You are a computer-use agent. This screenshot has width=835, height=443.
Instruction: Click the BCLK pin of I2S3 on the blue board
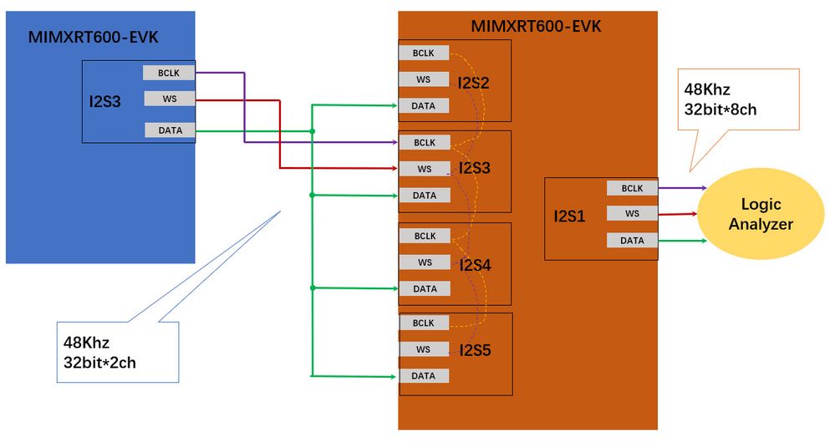tap(169, 73)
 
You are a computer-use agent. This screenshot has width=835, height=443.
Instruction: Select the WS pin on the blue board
tap(169, 99)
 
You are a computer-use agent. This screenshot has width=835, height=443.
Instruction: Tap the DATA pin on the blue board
tap(169, 130)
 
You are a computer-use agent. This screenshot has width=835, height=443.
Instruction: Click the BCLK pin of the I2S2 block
tap(424, 53)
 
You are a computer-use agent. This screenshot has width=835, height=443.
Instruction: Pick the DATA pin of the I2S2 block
tap(424, 105)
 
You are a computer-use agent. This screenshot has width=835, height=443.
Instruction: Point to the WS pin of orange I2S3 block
tap(424, 169)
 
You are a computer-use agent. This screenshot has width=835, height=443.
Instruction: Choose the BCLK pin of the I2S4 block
tap(424, 236)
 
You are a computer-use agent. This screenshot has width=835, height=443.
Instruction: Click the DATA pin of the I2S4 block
tap(424, 288)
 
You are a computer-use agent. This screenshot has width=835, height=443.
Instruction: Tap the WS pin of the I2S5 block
tap(424, 349)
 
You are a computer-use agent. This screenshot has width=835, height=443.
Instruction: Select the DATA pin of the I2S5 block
tap(424, 376)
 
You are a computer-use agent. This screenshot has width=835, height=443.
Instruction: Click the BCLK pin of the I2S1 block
tap(632, 189)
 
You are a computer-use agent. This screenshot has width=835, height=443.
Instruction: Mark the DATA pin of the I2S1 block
tap(632, 241)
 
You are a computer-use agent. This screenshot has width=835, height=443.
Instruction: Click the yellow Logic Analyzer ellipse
tap(760, 213)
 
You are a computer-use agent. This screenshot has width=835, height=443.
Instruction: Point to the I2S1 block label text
tap(570, 216)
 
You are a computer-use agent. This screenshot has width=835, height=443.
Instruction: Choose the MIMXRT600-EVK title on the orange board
tap(536, 26)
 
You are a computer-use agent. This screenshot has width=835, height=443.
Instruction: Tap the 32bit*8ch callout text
tap(720, 109)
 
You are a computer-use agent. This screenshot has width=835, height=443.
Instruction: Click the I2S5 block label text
tap(475, 350)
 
